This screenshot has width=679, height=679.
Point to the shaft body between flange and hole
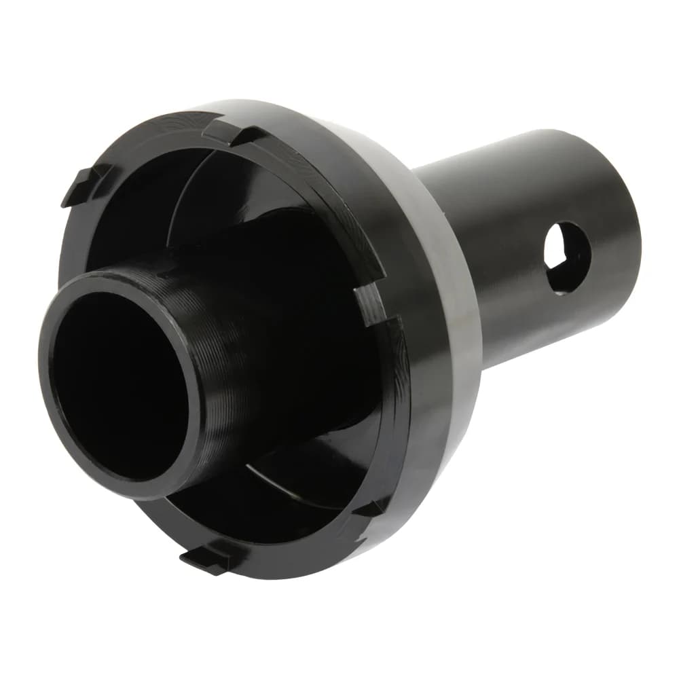(502, 272)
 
